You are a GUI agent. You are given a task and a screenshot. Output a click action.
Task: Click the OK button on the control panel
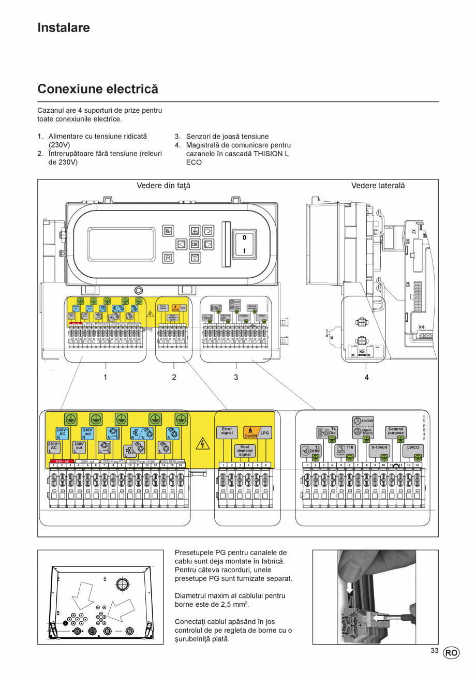195,244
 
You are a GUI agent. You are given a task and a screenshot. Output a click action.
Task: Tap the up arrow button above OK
195,230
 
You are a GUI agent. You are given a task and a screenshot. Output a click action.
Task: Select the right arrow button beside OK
208,244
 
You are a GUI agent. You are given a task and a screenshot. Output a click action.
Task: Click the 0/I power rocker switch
244,244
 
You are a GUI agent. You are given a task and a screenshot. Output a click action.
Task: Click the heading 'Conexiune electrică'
98,88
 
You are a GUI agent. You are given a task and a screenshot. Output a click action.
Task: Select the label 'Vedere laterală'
378,185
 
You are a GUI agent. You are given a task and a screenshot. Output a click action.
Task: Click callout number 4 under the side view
366,377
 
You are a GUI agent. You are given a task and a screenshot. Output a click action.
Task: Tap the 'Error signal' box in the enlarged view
227,431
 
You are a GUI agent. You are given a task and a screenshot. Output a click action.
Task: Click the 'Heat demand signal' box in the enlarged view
245,451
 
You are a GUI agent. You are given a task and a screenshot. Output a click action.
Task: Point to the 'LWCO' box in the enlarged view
413,447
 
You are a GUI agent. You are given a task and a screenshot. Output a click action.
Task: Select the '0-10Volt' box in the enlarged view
380,447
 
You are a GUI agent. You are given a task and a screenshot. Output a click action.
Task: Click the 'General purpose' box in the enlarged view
396,431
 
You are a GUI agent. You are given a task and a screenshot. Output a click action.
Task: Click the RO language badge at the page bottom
451,653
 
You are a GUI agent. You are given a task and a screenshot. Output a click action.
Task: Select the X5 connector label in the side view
408,284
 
